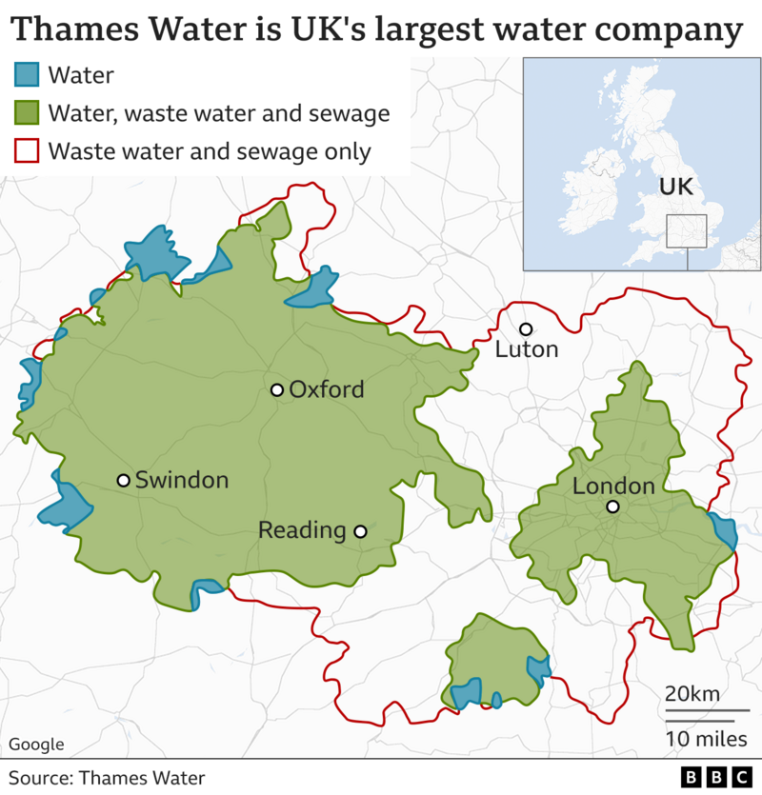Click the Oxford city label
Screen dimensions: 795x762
pos(327,389)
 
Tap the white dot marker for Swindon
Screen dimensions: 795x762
pos(123,480)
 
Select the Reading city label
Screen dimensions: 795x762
pos(302,530)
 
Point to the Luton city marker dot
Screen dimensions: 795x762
pos(526,328)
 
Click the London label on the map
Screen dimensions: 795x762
pos(613,487)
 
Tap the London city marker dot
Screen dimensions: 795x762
pos(612,507)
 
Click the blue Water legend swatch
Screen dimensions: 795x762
pos(26,74)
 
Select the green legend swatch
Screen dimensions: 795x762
pos(26,113)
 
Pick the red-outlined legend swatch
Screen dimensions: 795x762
pos(26,150)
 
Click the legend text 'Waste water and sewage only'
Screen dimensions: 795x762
pos(209,151)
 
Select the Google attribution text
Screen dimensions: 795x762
pos(37,745)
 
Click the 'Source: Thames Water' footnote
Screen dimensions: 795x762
pos(107,778)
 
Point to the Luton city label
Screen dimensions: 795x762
pos(527,350)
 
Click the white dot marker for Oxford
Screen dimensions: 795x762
pos(276,389)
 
